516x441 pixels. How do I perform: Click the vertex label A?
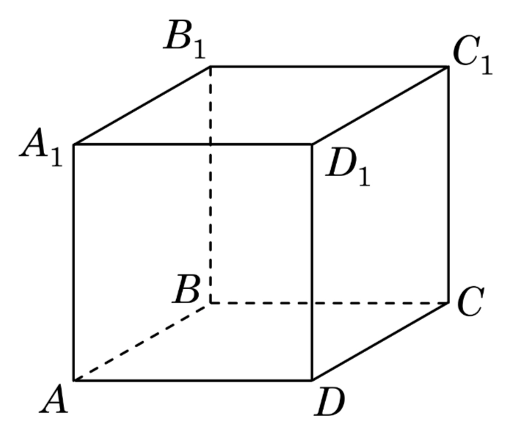[54, 401]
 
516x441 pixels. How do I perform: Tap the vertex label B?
[188, 292]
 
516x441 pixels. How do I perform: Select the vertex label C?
[468, 302]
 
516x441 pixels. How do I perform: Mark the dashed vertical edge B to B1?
[211, 183]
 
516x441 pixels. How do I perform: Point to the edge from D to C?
[380, 340]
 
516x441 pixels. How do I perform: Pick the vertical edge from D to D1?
[313, 262]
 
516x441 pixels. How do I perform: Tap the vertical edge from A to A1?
[73, 262]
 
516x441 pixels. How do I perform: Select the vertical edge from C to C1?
[448, 183]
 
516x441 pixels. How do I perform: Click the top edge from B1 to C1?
[329, 67]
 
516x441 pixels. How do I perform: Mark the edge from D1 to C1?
[380, 105]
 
